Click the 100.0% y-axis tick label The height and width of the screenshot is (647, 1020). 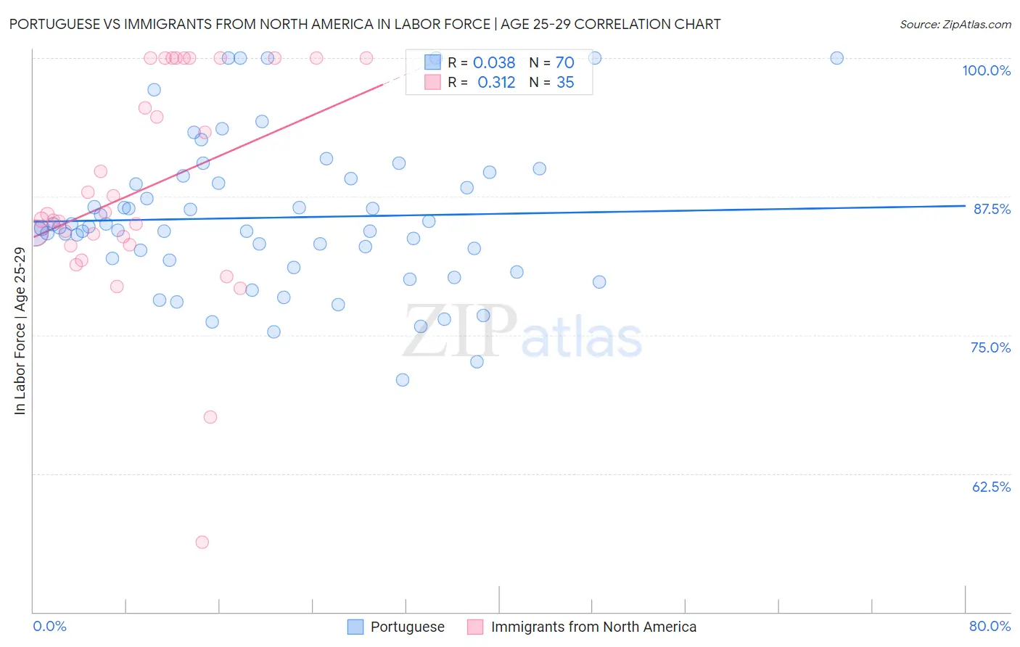click(986, 70)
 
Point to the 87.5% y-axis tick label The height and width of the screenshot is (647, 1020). click(991, 209)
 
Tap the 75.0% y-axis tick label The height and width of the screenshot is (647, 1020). click(990, 347)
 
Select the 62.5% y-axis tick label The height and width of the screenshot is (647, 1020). click(991, 487)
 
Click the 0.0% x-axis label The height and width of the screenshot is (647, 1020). click(49, 626)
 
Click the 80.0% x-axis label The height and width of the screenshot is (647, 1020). click(990, 626)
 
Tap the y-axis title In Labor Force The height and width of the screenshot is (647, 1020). click(20, 331)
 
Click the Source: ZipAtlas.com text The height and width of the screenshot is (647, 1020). click(955, 25)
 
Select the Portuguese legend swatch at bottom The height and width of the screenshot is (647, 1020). click(355, 627)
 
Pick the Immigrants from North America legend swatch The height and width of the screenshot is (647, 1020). click(475, 627)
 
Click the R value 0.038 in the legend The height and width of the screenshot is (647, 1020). click(494, 63)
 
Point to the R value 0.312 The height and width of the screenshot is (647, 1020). click(496, 83)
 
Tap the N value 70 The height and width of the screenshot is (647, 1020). click(564, 63)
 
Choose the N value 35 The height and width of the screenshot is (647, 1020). click(565, 83)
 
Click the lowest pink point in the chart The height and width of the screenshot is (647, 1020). click(202, 543)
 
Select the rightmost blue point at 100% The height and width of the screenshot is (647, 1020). click(836, 58)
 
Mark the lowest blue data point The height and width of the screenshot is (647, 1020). click(403, 380)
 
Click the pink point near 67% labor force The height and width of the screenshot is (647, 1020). click(210, 417)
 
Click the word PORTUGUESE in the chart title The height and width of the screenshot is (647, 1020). click(56, 25)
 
